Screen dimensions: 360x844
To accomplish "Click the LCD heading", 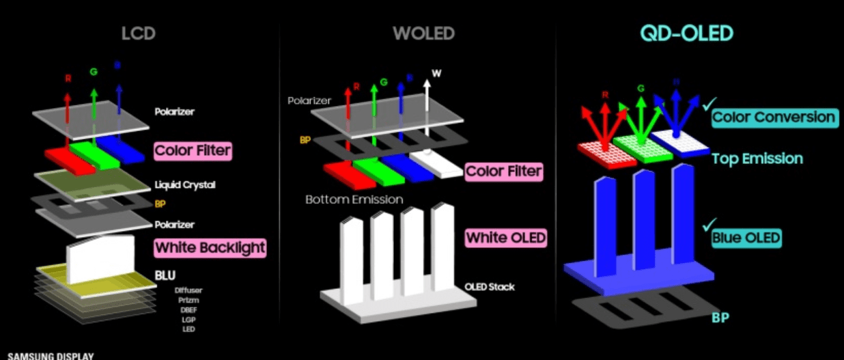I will (x=139, y=32).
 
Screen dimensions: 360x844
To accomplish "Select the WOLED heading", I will (x=423, y=33).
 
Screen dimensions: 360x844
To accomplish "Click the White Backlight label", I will (x=210, y=247).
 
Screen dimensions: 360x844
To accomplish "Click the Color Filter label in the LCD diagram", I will (x=193, y=150).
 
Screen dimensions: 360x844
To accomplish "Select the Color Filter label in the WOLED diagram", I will (x=504, y=171).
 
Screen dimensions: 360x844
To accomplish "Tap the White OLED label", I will (x=506, y=238).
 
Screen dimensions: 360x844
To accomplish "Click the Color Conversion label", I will (x=774, y=117).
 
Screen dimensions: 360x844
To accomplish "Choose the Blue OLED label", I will (x=746, y=238).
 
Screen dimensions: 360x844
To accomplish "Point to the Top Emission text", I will (x=757, y=158).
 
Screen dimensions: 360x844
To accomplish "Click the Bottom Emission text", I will (x=354, y=199).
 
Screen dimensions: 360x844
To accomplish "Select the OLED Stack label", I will (x=489, y=287).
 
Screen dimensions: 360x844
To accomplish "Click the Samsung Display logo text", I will (x=51, y=355).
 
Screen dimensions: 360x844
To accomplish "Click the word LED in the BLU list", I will (x=188, y=329).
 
